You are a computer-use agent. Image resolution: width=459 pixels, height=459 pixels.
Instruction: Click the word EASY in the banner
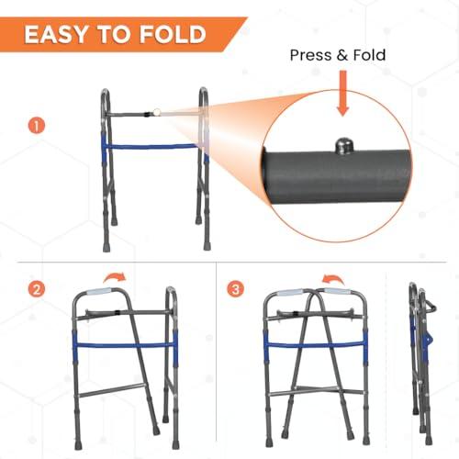click(56, 34)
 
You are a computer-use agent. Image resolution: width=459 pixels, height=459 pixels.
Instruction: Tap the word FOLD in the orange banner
click(173, 34)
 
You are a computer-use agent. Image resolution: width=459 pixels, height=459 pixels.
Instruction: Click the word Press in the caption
click(310, 55)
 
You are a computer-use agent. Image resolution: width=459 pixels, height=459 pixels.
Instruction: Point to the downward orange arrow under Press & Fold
click(343, 94)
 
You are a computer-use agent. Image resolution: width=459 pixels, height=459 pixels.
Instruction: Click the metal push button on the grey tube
click(343, 145)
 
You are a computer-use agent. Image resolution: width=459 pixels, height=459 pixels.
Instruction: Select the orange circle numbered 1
click(37, 126)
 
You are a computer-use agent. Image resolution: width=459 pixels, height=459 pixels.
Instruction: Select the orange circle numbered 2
click(37, 289)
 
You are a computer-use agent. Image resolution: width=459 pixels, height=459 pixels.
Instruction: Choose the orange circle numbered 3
click(236, 289)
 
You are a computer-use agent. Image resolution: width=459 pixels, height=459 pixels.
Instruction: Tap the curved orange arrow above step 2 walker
click(115, 277)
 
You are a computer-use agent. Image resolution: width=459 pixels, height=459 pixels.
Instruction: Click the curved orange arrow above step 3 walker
click(333, 279)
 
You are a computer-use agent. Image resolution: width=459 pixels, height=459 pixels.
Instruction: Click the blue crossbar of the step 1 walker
click(153, 147)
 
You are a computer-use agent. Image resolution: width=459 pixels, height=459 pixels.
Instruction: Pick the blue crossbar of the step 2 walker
click(125, 345)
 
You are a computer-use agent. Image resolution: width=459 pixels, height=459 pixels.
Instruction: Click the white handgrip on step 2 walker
click(100, 291)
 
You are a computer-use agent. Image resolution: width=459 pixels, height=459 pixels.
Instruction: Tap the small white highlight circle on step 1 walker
click(157, 113)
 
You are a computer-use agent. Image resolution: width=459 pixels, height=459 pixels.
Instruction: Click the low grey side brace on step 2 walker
click(111, 389)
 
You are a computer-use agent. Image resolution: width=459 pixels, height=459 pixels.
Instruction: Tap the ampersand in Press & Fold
click(341, 55)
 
